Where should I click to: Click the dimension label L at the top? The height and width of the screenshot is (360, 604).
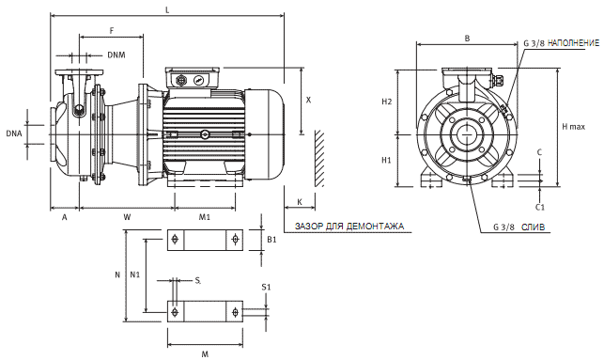(167, 10)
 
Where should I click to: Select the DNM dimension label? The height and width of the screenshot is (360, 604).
(116, 55)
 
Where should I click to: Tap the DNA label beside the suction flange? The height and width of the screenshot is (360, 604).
(14, 133)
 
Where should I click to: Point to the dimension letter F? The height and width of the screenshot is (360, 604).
(112, 30)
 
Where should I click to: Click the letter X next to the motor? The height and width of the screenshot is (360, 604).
(308, 100)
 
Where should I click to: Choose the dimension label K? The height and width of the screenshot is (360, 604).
(300, 202)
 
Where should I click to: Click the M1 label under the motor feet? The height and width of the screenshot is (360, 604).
(205, 217)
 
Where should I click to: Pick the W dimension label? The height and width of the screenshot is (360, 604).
(127, 217)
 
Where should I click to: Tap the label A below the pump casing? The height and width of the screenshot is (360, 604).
(64, 218)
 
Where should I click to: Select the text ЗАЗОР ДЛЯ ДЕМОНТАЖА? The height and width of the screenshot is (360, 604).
(349, 227)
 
